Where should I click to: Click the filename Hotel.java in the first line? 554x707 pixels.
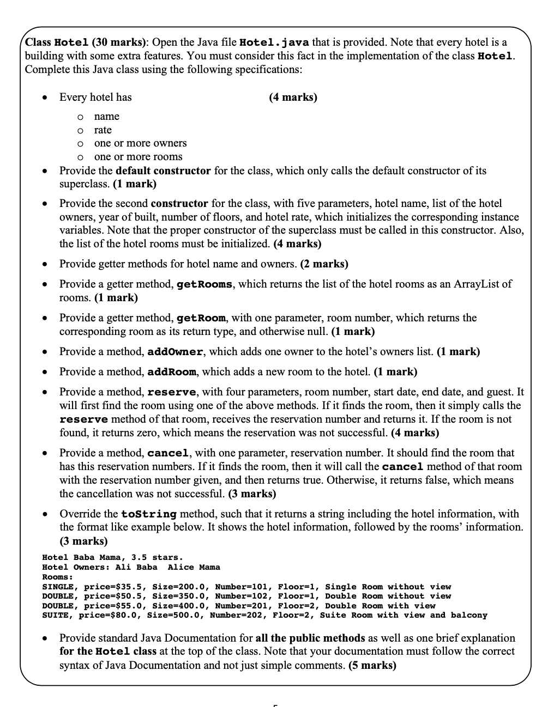(x=274, y=42)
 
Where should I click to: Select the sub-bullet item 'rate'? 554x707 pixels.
(x=103, y=130)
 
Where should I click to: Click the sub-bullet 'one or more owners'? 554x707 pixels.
(x=140, y=143)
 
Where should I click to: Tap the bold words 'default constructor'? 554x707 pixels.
(x=163, y=170)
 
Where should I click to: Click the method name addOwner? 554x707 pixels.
(x=176, y=352)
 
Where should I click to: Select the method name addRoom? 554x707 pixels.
(x=172, y=372)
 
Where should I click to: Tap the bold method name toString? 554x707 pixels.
(x=149, y=514)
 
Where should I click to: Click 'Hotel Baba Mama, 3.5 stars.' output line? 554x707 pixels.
(x=112, y=558)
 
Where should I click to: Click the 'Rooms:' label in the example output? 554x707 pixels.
(x=57, y=577)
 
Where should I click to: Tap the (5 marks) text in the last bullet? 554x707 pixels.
(x=372, y=666)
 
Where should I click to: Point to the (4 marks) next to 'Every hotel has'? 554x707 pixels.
(x=293, y=97)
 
